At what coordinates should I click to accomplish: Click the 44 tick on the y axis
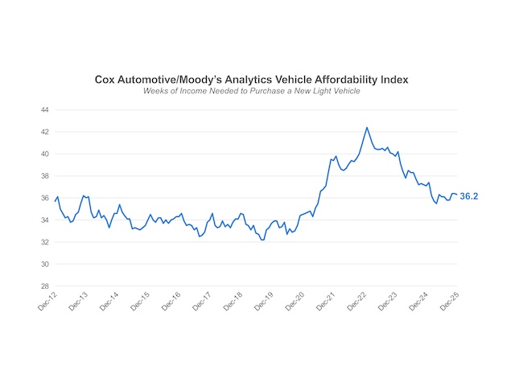45,109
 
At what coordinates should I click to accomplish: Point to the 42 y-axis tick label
45,131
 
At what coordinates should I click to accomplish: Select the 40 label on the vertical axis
45,154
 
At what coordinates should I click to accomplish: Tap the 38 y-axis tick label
45,175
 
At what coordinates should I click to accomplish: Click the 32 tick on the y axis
45,242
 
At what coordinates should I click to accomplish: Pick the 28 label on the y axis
45,286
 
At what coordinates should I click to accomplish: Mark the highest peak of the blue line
367,127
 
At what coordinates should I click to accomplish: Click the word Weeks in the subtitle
157,92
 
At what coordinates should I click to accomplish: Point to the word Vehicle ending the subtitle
343,92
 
